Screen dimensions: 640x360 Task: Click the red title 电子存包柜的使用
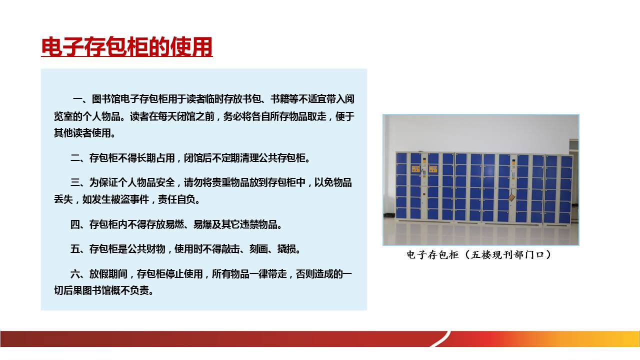[127, 47]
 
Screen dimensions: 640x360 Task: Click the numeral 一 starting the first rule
[77, 99]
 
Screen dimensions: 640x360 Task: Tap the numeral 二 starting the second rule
[75, 158]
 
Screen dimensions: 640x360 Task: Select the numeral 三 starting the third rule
[75, 182]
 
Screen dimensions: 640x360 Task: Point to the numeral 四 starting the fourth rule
[75, 224]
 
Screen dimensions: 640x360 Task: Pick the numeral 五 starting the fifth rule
[75, 249]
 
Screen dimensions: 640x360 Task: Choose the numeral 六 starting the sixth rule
[75, 274]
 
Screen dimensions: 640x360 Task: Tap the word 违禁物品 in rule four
[258, 224]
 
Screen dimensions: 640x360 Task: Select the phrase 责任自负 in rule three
[177, 199]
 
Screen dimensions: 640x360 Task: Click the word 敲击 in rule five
[230, 249]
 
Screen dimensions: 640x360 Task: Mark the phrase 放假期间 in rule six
[108, 274]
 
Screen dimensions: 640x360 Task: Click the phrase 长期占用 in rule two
[155, 158]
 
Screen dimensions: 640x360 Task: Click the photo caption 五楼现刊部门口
[507, 254]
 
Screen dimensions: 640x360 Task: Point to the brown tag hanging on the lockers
[511, 197]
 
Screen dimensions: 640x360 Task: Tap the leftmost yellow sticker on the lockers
[415, 168]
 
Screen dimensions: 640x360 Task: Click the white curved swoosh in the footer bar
[440, 339]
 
